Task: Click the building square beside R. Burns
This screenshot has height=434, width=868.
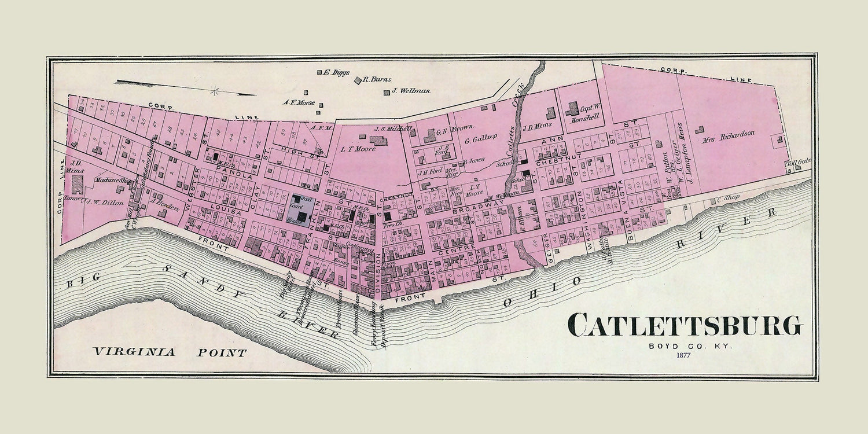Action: point(358,80)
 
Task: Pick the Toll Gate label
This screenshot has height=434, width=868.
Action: point(797,163)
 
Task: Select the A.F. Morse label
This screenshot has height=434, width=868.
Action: point(297,102)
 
